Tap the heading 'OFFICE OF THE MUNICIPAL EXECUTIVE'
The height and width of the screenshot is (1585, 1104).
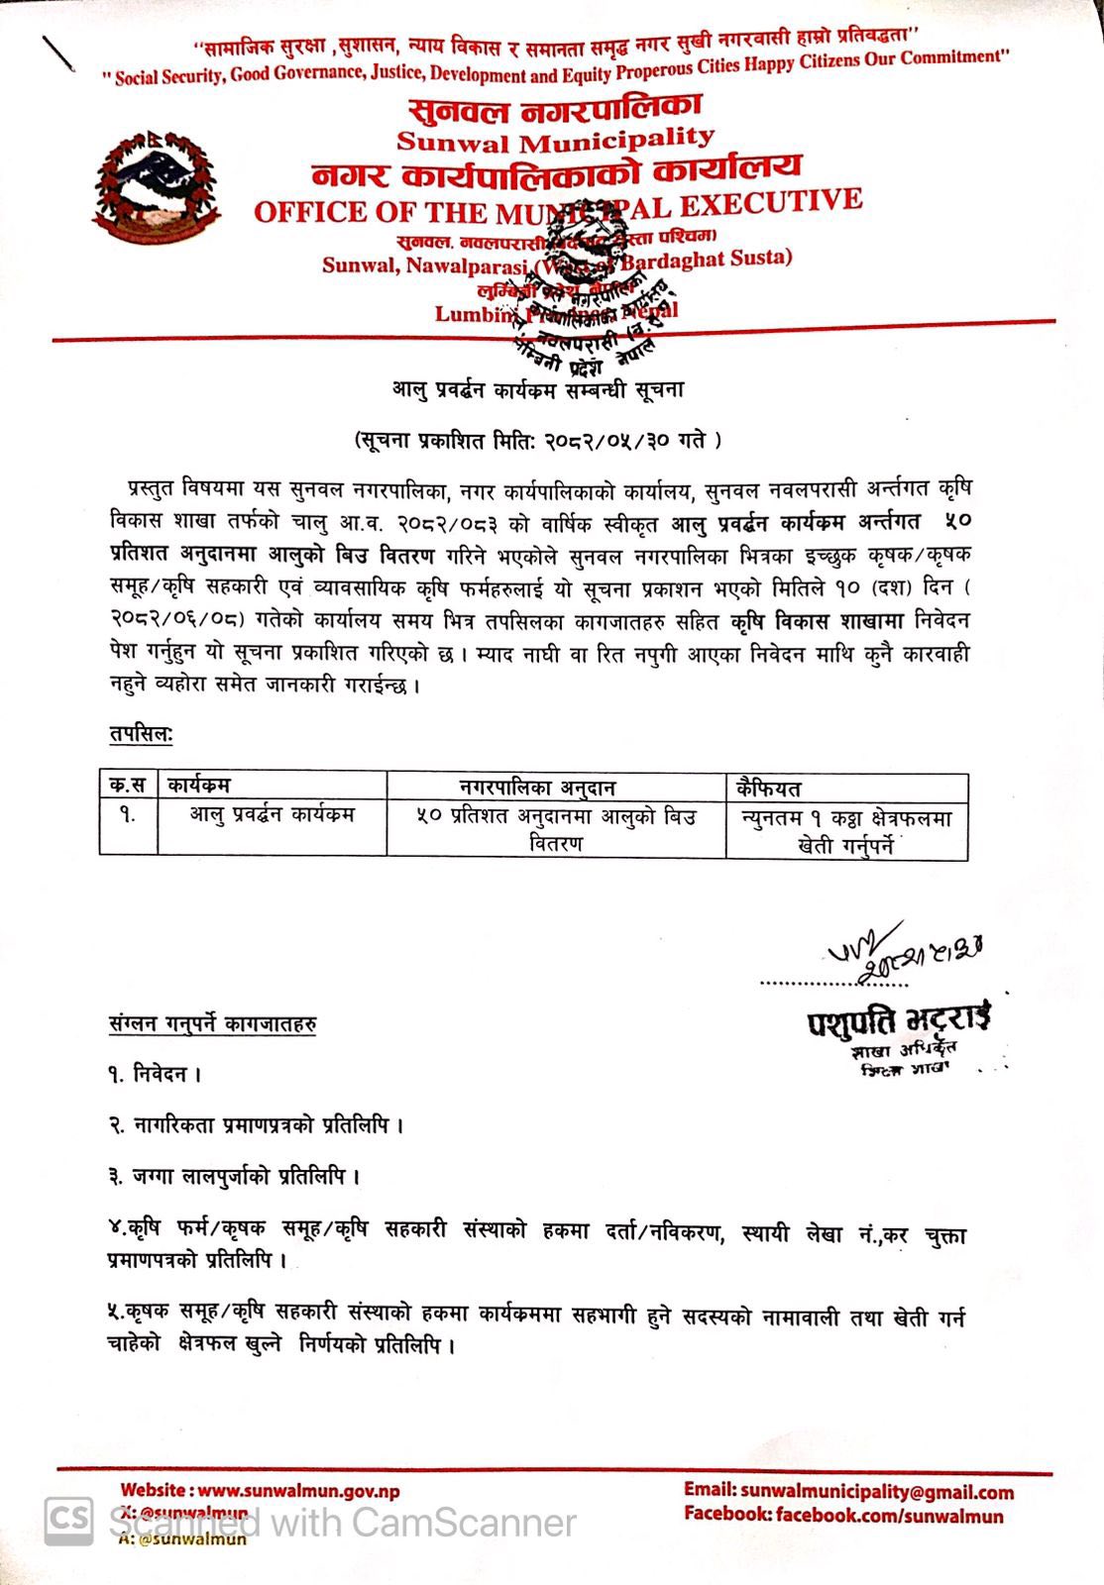(558, 207)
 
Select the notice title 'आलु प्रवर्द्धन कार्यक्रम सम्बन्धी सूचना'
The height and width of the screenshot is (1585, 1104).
(537, 390)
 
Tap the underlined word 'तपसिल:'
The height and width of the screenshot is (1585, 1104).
(141, 734)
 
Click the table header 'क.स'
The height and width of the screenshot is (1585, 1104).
(128, 786)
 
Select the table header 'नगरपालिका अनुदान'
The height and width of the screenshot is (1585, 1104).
(537, 788)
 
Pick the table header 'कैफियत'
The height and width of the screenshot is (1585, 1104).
(769, 789)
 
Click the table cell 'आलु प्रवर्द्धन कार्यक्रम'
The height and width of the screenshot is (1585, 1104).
(273, 815)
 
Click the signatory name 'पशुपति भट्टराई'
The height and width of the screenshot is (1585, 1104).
(898, 1020)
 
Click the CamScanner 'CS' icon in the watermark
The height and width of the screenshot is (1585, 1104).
(68, 1519)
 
